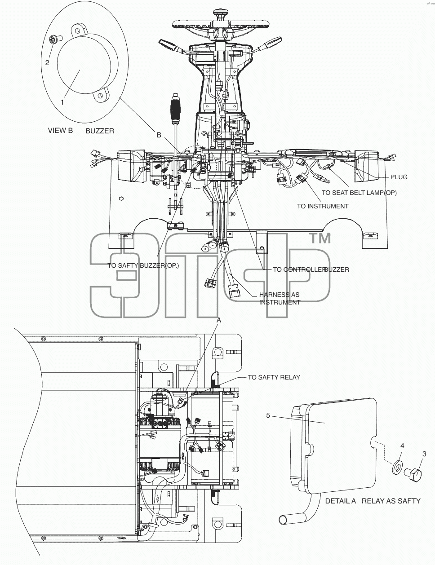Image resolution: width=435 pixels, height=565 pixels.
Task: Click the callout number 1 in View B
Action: pos(62,102)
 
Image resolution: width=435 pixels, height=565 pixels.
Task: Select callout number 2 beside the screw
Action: pos(47,63)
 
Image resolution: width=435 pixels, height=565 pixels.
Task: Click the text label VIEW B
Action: pos(60,131)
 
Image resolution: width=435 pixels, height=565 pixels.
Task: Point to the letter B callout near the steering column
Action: pos(159,135)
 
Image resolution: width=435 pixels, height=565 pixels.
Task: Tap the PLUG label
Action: pos(399,177)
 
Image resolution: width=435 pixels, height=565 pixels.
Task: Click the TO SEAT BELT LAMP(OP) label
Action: pos(359,193)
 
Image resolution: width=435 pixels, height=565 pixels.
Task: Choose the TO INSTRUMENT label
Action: pos(323,206)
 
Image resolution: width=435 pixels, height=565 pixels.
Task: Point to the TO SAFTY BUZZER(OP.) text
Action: pos(143,265)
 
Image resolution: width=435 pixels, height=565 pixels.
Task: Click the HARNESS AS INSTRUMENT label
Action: pos(280,299)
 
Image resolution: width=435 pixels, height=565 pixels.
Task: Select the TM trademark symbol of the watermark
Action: pos(320,238)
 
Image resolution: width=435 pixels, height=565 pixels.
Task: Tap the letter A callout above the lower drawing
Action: pos(219,320)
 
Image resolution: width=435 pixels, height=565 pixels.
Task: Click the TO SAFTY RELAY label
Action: pos(274,377)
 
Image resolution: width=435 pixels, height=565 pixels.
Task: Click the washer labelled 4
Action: pos(396,471)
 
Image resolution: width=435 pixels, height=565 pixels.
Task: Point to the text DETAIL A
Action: pos(340,501)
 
